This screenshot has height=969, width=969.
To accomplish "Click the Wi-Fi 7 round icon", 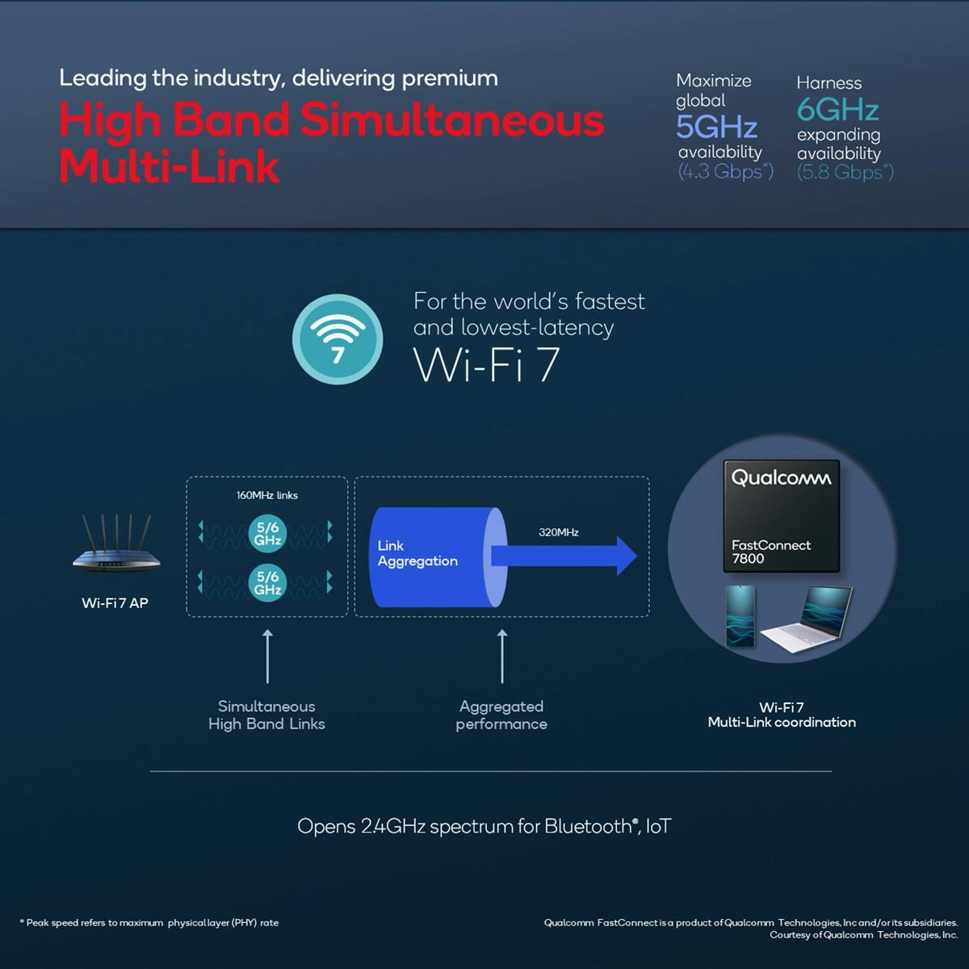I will click(x=338, y=338).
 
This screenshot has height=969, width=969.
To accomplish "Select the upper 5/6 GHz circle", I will click(x=267, y=533).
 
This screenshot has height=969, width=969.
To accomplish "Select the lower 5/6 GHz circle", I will click(x=267, y=582).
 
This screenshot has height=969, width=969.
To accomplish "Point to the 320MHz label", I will click(x=558, y=532).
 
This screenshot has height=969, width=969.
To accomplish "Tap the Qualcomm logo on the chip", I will click(x=780, y=478).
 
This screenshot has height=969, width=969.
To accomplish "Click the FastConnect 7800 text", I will click(x=770, y=552).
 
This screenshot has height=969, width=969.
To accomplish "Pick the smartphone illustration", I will click(x=740, y=615).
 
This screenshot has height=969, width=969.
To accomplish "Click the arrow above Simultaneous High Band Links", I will click(x=267, y=656).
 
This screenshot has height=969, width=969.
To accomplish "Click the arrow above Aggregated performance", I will click(x=502, y=656).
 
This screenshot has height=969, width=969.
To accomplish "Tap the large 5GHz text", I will click(x=716, y=127).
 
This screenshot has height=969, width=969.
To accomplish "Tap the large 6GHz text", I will click(x=837, y=109).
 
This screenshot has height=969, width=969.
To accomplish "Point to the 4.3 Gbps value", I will click(x=724, y=171).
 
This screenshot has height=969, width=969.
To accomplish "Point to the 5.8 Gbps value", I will click(x=845, y=172).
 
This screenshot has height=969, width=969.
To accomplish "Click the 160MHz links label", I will click(x=266, y=495).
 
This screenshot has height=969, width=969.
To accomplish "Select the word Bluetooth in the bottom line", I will click(x=588, y=826).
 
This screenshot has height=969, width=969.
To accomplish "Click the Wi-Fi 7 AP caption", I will click(x=115, y=602).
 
